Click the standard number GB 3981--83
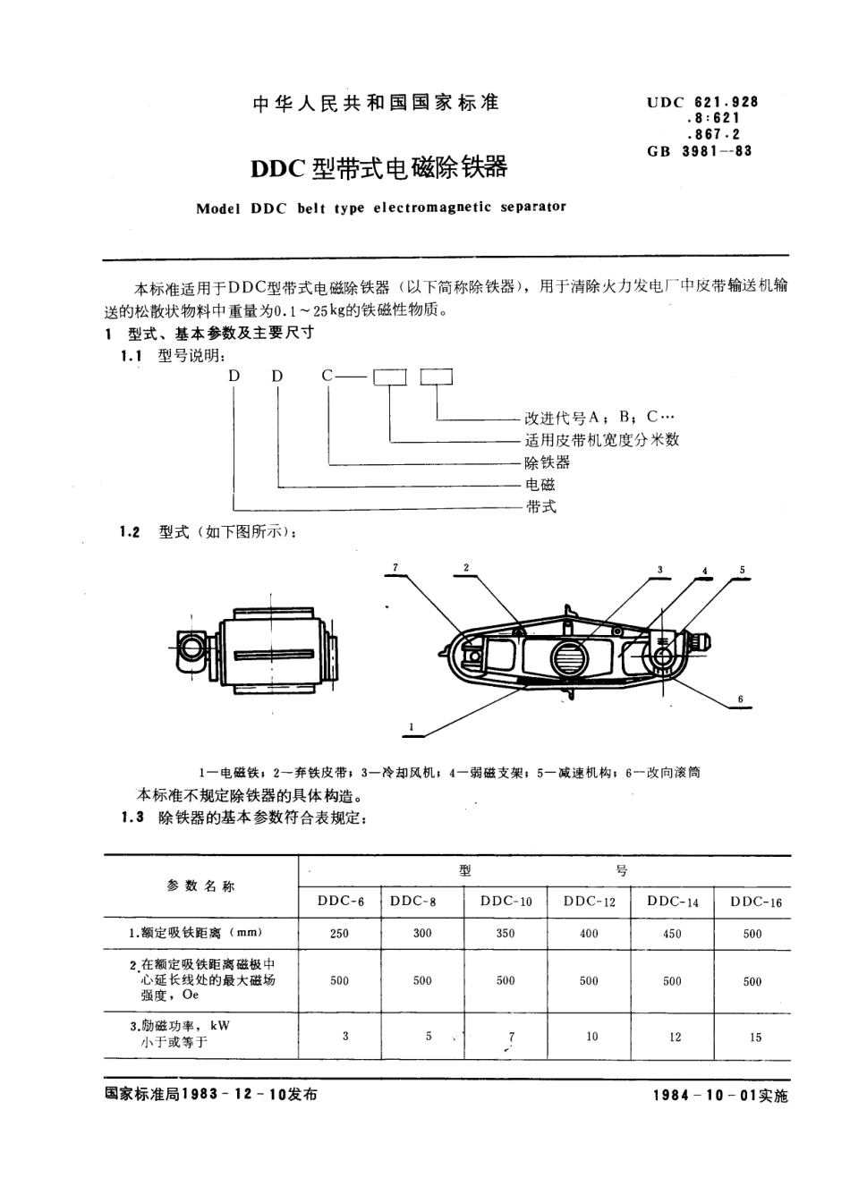click(700, 151)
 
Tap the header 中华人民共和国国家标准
click(376, 103)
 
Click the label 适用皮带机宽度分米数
click(601, 440)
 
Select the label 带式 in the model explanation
click(540, 507)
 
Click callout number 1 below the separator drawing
click(411, 728)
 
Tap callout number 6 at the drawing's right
click(741, 699)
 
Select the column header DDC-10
click(506, 902)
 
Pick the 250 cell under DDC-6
click(339, 933)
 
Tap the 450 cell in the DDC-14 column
click(672, 934)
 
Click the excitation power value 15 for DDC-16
click(755, 1038)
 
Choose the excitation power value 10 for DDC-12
click(591, 1037)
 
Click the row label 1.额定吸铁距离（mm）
click(196, 933)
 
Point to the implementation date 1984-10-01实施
click(720, 1097)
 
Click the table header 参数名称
click(200, 886)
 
